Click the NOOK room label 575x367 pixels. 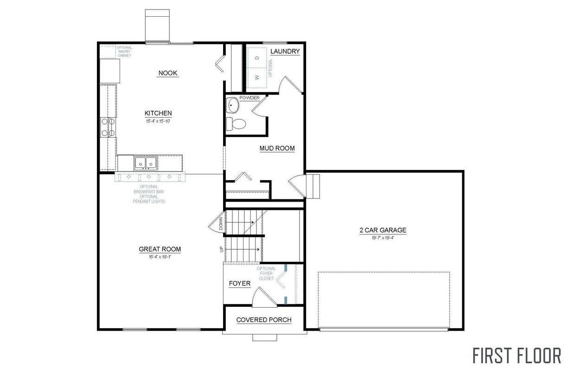point(168,73)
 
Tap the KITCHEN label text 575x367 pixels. point(158,113)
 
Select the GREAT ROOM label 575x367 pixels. point(160,249)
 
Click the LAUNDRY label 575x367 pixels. point(285,51)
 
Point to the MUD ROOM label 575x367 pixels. point(277,149)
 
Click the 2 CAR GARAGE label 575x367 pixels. point(383,230)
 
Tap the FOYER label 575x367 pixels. point(240,284)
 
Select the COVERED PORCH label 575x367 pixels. point(264,320)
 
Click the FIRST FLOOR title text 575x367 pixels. point(517,355)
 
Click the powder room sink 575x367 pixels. point(233,106)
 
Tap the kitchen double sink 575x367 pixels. point(146,163)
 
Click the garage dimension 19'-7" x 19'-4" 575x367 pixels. point(383,238)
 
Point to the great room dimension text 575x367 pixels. point(160,256)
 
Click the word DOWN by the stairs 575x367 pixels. point(221,224)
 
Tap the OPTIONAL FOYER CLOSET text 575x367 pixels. point(266,274)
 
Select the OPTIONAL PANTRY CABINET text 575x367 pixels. point(124,51)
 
